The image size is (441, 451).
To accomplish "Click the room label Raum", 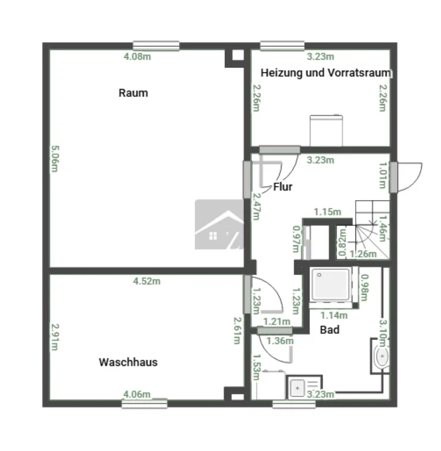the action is (x=133, y=93).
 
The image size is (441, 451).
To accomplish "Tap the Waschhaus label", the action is (x=128, y=362).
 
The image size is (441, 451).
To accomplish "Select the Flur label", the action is (x=283, y=187).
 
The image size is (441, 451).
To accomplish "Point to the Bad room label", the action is (x=329, y=330).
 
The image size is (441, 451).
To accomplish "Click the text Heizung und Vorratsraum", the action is (x=326, y=73).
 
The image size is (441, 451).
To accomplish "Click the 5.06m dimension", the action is (x=55, y=158).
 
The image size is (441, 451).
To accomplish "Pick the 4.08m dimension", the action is (x=137, y=57).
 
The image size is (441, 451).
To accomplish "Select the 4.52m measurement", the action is (x=147, y=281).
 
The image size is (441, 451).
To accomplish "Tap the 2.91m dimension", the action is (x=55, y=337).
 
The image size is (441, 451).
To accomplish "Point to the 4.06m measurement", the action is (x=137, y=394).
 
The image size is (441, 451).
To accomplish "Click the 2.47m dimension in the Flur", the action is (x=256, y=206).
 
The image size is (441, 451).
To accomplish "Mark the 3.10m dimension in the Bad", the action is (x=383, y=333).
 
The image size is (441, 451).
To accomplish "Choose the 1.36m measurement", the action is (x=280, y=341).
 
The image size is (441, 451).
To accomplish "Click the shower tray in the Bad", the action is (x=331, y=284).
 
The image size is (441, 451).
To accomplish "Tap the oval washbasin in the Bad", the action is (x=382, y=356).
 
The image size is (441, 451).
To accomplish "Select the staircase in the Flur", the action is (x=372, y=229).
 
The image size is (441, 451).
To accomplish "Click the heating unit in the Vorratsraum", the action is (x=326, y=130).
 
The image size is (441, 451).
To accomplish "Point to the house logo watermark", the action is (x=219, y=224).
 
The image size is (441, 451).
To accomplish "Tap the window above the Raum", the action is (x=156, y=46).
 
